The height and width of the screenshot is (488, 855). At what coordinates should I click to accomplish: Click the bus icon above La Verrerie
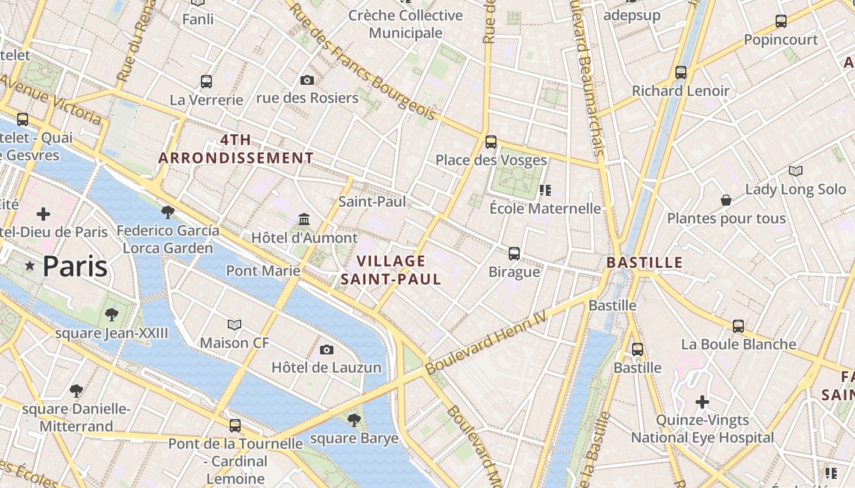(206, 81)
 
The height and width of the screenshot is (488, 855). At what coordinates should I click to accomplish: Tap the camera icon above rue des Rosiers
(307, 80)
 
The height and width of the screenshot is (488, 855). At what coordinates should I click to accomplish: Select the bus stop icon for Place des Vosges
(491, 142)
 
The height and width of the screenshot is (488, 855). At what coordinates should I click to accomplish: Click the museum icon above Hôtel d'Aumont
(304, 219)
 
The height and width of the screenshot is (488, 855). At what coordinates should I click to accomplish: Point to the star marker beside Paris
(29, 266)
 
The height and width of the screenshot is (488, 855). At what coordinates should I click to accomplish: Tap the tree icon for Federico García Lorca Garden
(168, 212)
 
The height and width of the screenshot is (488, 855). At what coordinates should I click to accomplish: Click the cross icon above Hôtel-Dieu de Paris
(43, 214)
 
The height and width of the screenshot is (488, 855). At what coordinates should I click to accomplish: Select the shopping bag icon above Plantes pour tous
(726, 200)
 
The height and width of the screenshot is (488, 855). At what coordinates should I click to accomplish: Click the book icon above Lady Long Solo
(795, 171)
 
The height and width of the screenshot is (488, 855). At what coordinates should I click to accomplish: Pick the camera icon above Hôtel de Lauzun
(327, 350)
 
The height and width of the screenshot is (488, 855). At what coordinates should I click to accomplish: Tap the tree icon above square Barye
(354, 420)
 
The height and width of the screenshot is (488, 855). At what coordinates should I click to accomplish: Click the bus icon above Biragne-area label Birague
(514, 253)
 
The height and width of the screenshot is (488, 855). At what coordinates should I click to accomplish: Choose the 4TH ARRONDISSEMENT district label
(236, 149)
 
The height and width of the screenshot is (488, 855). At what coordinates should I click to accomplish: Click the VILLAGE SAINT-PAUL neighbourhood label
(391, 270)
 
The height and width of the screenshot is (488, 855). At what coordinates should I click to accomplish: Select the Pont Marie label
(263, 270)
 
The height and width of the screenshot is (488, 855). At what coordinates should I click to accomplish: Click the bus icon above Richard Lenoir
(681, 73)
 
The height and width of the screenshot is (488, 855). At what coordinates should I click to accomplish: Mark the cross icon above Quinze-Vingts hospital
(702, 402)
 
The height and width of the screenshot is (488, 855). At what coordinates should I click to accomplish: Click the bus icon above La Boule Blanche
(738, 326)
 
